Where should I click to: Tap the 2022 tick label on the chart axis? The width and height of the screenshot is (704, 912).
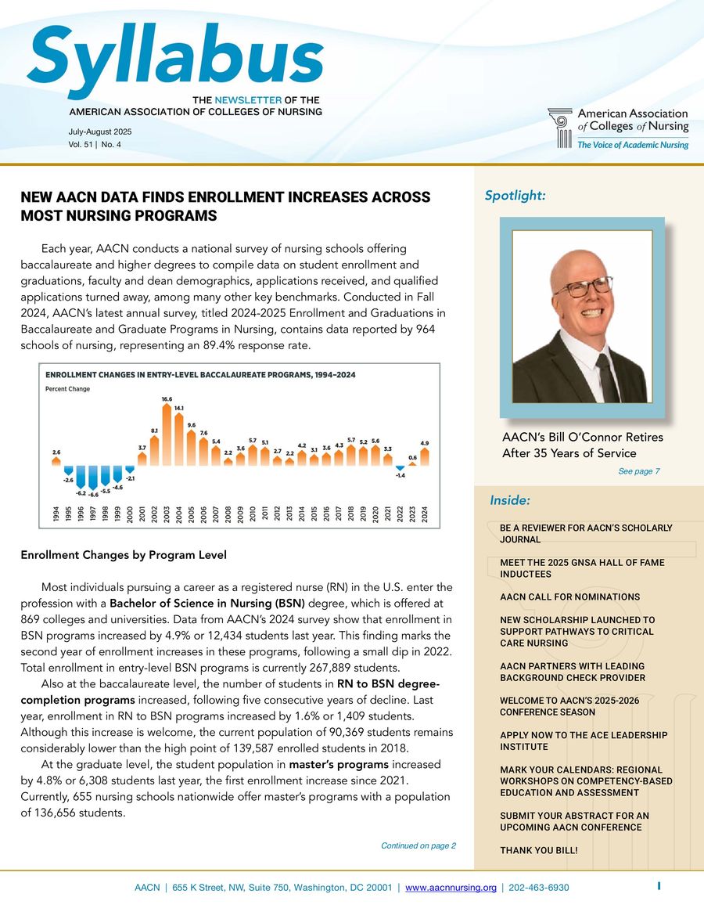400,514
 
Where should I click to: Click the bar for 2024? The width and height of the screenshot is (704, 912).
424,458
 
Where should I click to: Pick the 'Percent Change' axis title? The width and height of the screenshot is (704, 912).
68,389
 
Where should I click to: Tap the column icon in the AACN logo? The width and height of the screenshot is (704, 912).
561,128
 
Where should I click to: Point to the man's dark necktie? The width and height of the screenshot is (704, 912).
605,376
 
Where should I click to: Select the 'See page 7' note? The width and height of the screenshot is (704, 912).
639,471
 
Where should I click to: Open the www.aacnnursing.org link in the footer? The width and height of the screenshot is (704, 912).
451,888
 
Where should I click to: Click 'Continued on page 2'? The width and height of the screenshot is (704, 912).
418,845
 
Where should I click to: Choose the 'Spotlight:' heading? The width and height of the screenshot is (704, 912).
515,196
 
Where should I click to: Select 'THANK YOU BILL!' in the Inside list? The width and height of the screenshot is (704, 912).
538,850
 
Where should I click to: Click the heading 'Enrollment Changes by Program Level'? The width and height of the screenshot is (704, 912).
124,555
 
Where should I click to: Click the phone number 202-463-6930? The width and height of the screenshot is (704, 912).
539,888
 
